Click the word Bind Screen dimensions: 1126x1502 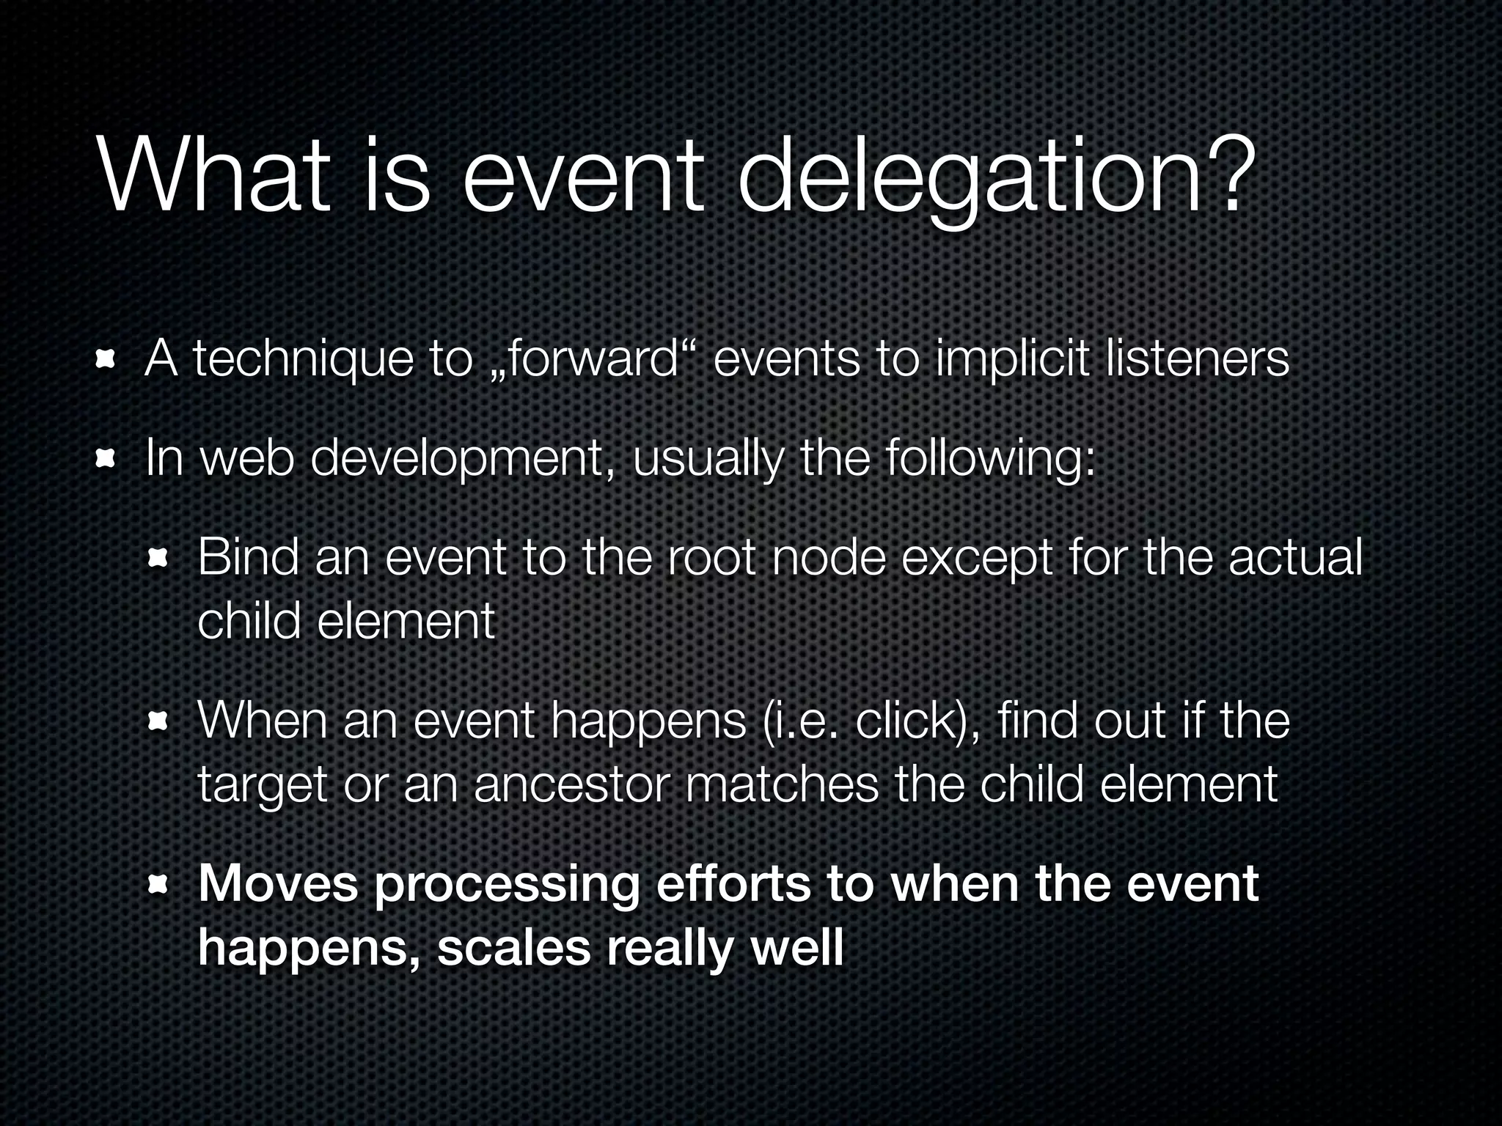[248, 557]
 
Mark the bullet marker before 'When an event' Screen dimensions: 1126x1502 [158, 722]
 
